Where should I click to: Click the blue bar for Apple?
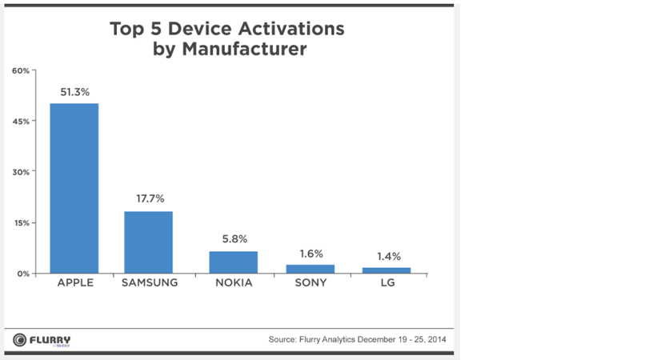[74, 188]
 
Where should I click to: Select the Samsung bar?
[148, 242]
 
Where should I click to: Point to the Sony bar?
[310, 269]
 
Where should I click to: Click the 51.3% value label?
[74, 92]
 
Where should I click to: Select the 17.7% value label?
[148, 198]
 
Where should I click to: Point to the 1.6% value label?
[310, 252]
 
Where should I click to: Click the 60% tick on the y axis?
[21, 71]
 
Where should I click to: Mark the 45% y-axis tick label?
[21, 122]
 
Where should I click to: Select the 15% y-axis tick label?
[21, 222]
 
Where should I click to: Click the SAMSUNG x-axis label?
[148, 284]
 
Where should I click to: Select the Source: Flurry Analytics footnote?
[357, 340]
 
